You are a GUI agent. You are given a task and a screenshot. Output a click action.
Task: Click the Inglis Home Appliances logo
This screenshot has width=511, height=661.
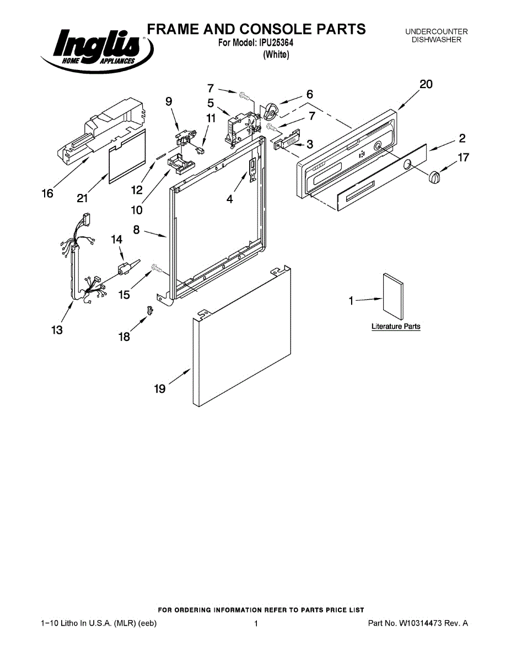coord(96,50)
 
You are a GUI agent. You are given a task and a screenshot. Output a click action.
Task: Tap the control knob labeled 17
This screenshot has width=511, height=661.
coord(435,178)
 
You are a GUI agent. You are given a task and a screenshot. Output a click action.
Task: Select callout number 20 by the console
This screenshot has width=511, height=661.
coord(426,84)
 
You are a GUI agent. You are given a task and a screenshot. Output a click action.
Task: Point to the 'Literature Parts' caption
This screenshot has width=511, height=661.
coord(396,327)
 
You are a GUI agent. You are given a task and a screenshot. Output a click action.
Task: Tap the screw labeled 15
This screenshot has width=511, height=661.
coord(156,269)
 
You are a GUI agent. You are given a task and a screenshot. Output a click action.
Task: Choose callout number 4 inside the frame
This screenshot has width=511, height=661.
coord(229,199)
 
